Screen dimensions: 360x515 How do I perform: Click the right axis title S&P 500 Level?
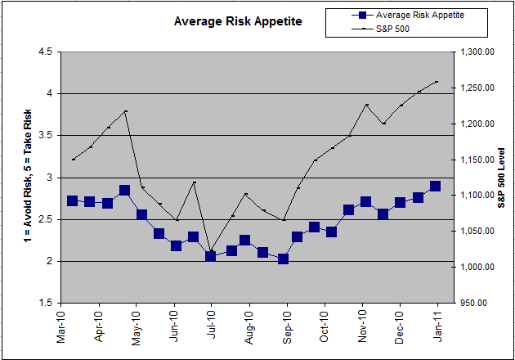502,177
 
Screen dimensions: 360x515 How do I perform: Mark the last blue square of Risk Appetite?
435,187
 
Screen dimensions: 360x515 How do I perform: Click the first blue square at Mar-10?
72,200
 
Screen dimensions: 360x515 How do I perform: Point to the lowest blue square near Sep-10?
283,259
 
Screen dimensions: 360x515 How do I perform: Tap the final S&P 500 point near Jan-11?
437,81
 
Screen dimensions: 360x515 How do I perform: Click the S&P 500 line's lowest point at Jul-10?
211,251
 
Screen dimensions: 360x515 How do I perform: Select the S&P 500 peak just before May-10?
125,111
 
